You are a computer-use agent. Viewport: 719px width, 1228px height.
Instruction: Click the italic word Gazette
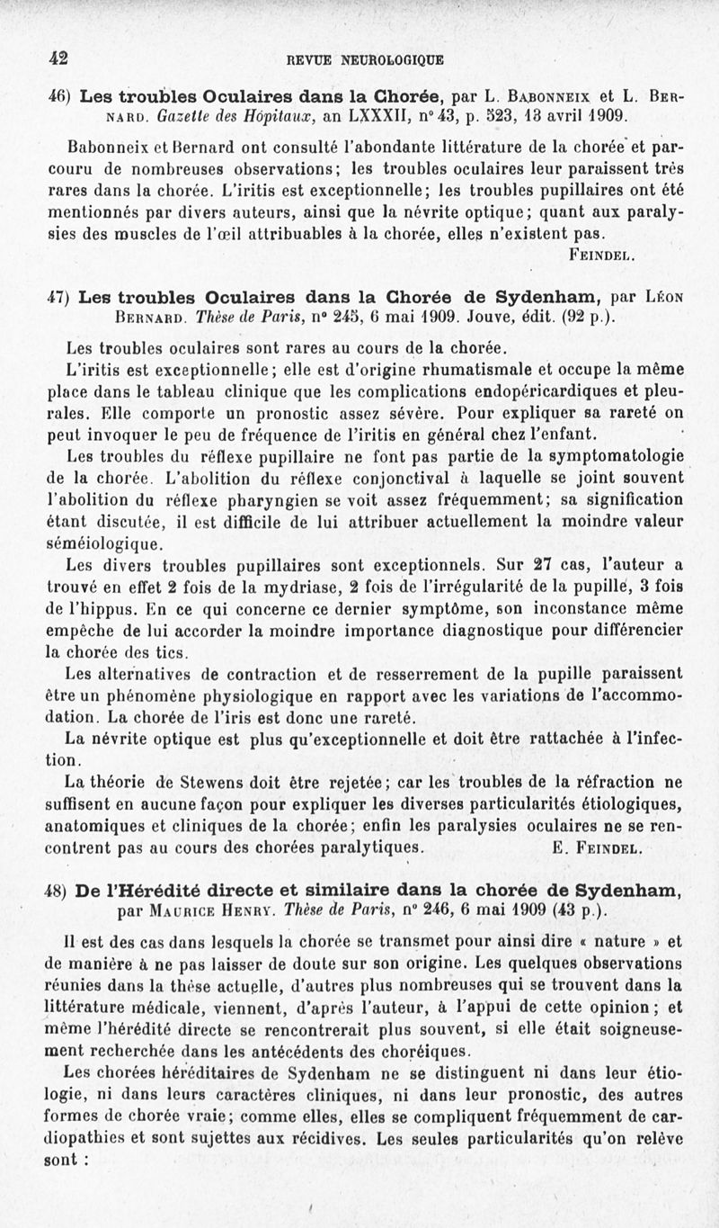coord(182,116)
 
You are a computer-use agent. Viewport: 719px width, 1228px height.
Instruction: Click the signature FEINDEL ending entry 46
coord(603,256)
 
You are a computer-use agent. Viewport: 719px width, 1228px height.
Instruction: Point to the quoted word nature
coord(620,943)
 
